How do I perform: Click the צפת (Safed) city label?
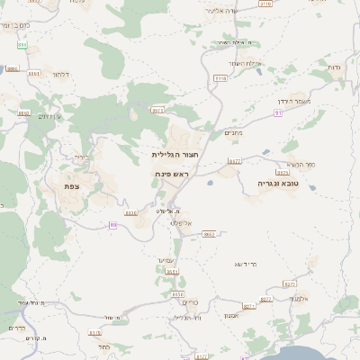[x=71, y=186]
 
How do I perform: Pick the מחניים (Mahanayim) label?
[x=233, y=132]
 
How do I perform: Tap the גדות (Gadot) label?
[x=334, y=68]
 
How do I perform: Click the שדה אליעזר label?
[x=220, y=11]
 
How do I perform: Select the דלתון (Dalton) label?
[x=61, y=74]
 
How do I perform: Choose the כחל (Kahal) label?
[x=104, y=346]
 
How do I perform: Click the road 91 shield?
[x=279, y=113]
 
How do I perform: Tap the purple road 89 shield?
[x=113, y=225]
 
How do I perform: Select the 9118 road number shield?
[x=220, y=79]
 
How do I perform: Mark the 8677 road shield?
[x=234, y=161]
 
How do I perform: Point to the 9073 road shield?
[x=157, y=110]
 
